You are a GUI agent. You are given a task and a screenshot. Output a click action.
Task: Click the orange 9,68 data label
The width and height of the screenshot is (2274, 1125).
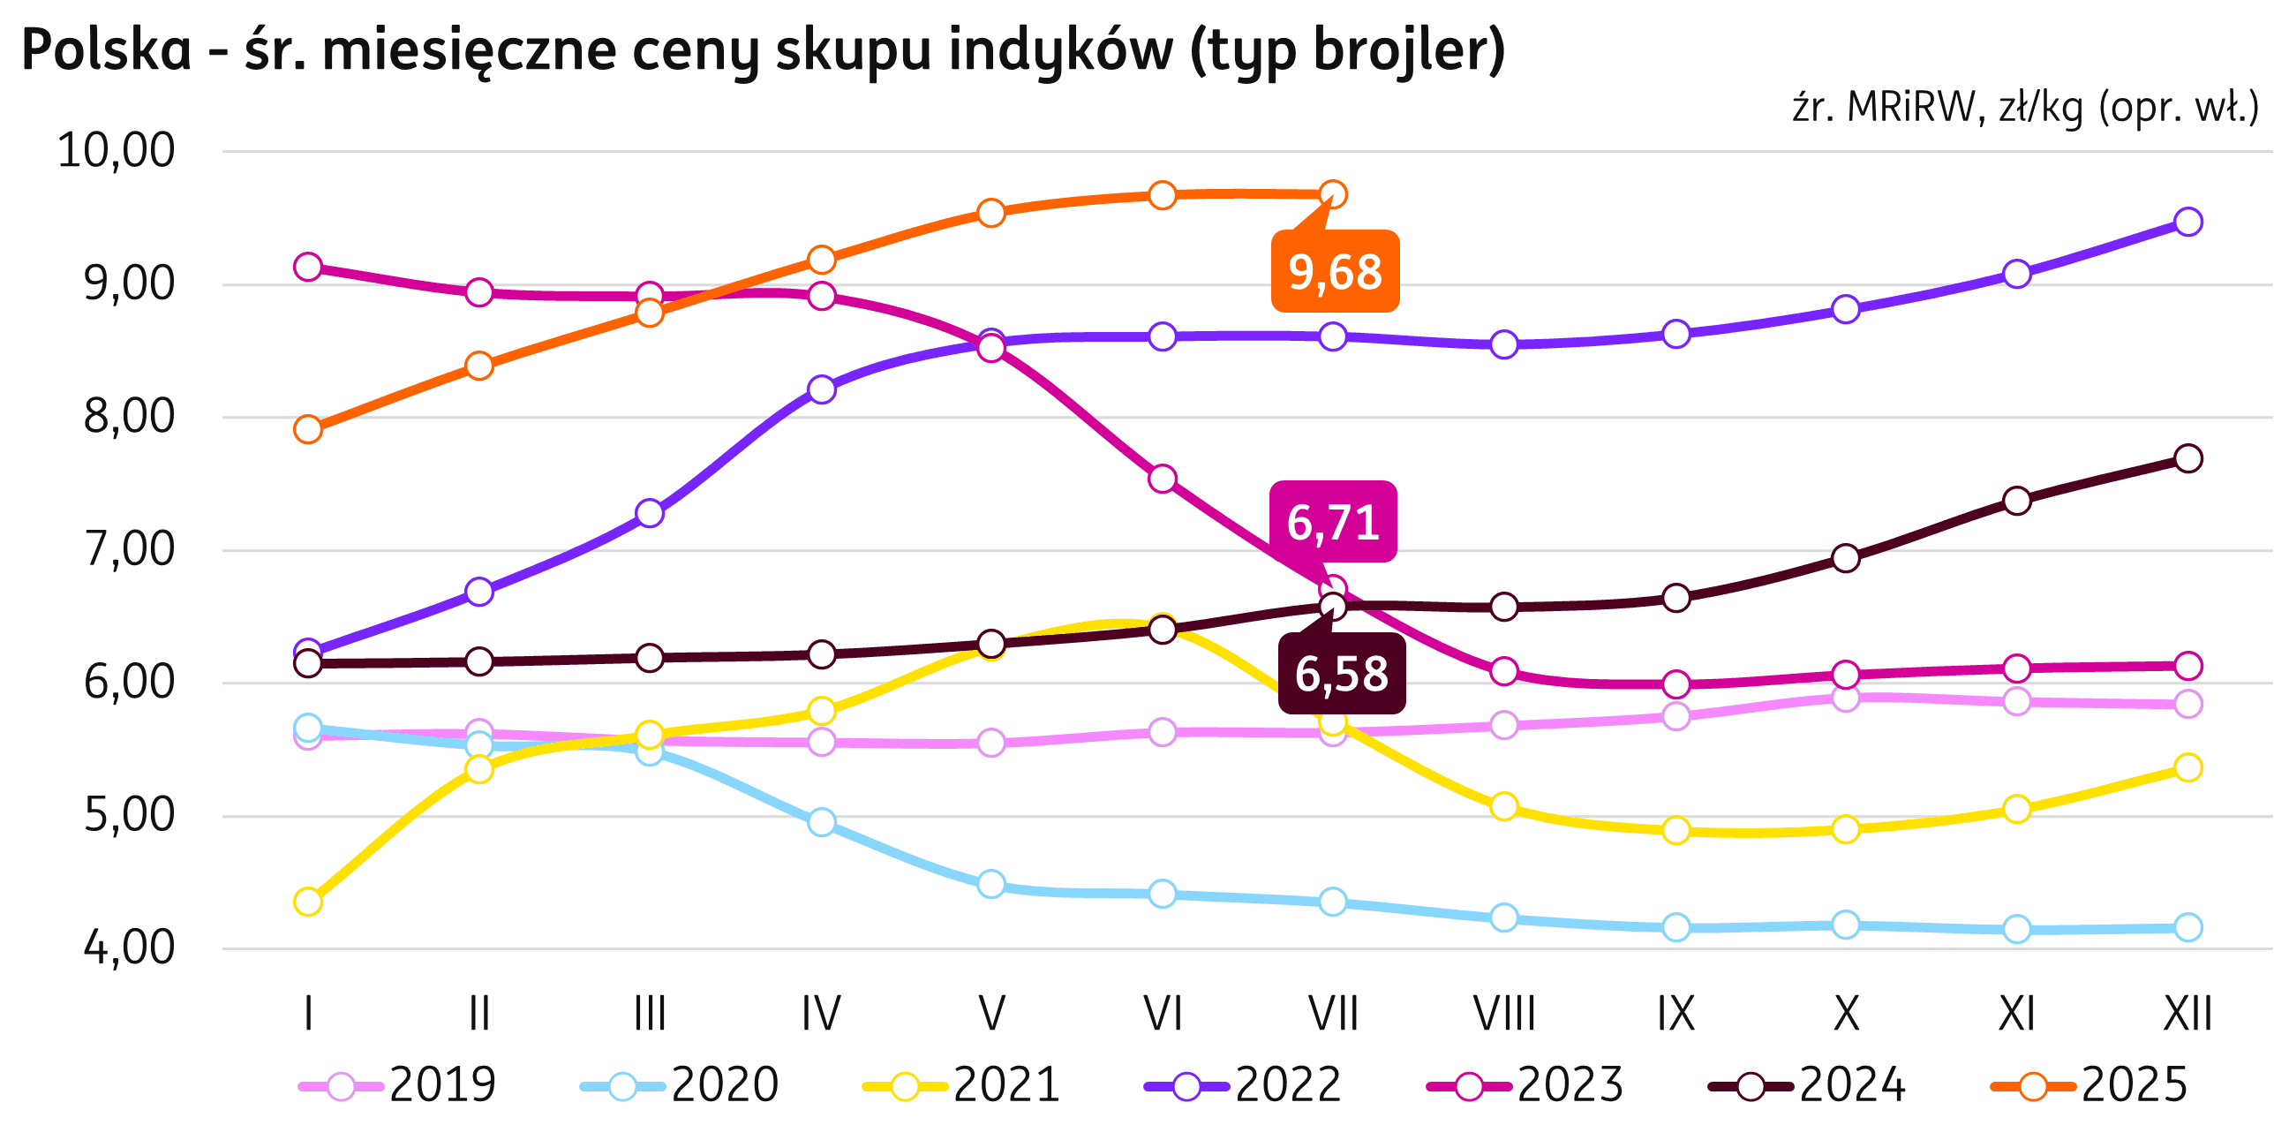(1335, 272)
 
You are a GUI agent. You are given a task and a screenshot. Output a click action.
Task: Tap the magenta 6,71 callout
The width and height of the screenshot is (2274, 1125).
(1333, 522)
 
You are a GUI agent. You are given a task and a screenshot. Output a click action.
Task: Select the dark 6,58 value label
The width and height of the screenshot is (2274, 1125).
(1341, 674)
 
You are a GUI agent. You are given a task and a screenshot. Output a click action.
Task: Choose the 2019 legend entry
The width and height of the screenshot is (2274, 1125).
(398, 1084)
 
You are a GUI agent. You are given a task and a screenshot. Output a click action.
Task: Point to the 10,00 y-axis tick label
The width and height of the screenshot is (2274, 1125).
(116, 151)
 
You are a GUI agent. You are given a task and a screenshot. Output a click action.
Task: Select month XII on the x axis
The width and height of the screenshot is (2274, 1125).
(2187, 1014)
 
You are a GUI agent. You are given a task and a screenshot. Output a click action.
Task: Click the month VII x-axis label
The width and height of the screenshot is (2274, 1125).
(1333, 1014)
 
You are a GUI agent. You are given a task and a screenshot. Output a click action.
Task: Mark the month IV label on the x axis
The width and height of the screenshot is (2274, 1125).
(821, 1014)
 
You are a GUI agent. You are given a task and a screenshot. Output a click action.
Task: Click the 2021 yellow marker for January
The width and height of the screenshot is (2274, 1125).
(308, 902)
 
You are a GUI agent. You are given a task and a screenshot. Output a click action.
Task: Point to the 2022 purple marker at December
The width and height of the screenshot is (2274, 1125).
(2188, 221)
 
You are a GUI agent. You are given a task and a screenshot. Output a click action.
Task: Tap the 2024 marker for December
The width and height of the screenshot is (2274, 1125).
(2188, 458)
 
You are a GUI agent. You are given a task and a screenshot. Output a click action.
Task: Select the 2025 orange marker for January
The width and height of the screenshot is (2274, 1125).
(308, 430)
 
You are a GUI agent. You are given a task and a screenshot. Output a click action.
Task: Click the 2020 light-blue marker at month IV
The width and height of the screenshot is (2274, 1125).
(822, 822)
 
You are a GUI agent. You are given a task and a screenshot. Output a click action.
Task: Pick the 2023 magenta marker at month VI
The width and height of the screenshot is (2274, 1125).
(1163, 479)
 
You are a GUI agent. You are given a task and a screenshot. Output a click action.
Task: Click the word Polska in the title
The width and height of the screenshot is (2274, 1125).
(106, 50)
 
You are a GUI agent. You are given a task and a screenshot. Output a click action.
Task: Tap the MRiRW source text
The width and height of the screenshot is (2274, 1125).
(1909, 108)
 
